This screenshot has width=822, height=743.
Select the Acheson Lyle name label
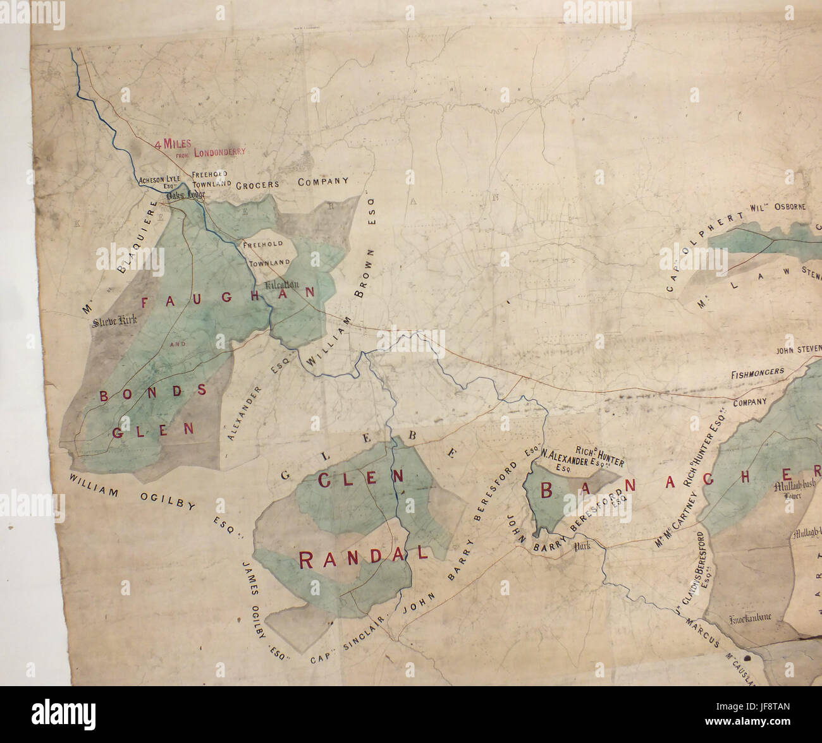click(x=159, y=180)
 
